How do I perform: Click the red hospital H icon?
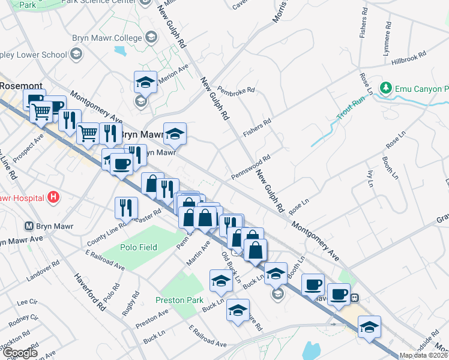[54, 196]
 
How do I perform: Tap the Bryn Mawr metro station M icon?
[28, 226]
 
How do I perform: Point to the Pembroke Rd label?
[237, 90]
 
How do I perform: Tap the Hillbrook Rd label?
[409, 58]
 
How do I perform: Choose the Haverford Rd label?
[90, 292]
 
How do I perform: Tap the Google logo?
[20, 353]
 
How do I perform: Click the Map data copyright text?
[423, 355]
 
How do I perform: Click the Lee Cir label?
[28, 302]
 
